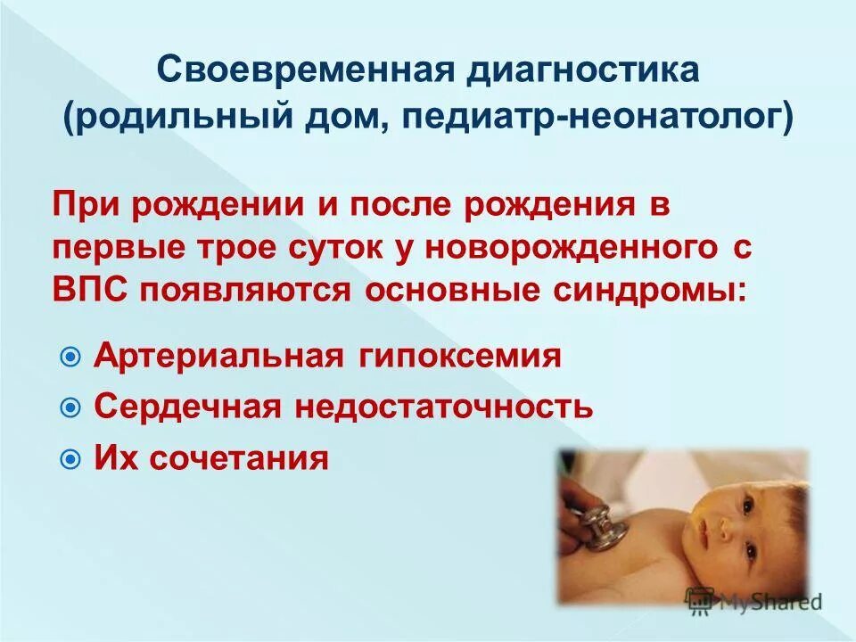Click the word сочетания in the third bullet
point(238,458)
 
